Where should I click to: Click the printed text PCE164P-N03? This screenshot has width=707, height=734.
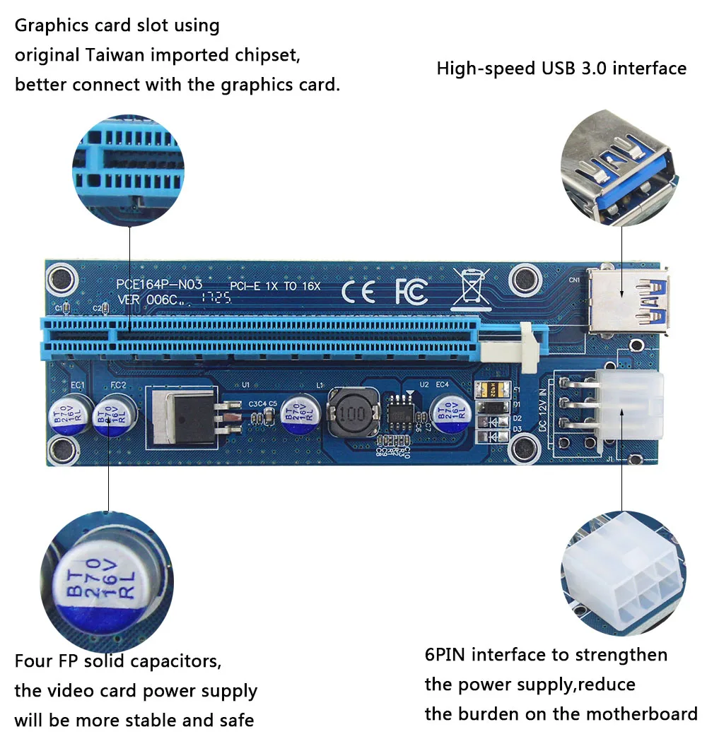pyautogui.click(x=159, y=285)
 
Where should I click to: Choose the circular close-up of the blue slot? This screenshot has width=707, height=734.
pyautogui.click(x=129, y=165)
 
